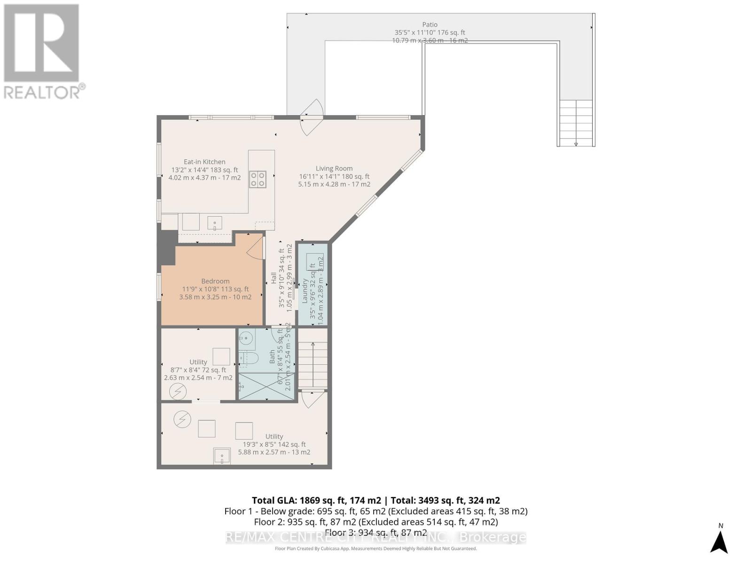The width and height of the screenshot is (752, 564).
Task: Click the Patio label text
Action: click(x=430, y=24)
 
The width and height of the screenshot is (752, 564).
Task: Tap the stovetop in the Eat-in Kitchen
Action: click(x=258, y=179)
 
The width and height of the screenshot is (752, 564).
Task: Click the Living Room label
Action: click(x=334, y=168)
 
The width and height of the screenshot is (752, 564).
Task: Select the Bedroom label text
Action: click(x=215, y=281)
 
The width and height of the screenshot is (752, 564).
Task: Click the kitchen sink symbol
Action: click(x=215, y=223)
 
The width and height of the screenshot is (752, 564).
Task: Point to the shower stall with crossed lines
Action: click(x=266, y=386)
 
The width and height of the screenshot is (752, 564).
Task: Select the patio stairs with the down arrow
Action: click(x=576, y=123)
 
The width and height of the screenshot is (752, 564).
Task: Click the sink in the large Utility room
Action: click(x=222, y=456)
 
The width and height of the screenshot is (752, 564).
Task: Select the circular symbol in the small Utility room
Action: click(x=178, y=392)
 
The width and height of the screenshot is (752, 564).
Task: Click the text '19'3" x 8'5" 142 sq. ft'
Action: click(x=274, y=444)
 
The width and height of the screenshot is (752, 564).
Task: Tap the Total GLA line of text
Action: click(x=376, y=501)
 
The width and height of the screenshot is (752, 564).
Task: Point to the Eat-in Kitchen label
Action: click(x=204, y=162)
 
